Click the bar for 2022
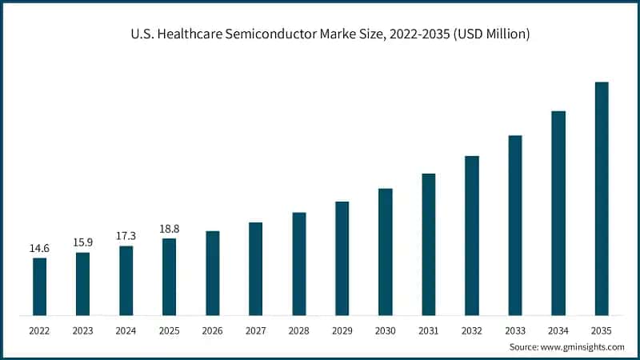pyautogui.click(x=39, y=286)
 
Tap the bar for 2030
pyautogui.click(x=386, y=251)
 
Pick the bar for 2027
pyautogui.click(x=256, y=268)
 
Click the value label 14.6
pyautogui.click(x=39, y=248)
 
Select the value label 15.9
pyautogui.click(x=82, y=242)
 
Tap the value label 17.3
pyautogui.click(x=126, y=236)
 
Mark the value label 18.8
pyautogui.click(x=169, y=229)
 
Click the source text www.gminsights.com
pyautogui.click(x=585, y=346)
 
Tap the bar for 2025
pyautogui.click(x=169, y=277)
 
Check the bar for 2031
pyautogui.click(x=429, y=244)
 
